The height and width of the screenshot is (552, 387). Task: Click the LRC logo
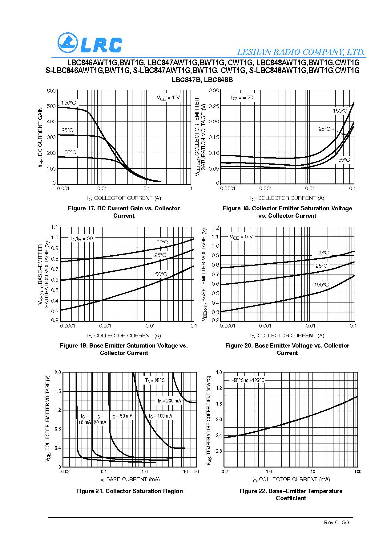click(90, 43)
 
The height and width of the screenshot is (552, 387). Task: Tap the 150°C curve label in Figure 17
click(68, 103)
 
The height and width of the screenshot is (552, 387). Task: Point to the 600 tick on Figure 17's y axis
click(51, 91)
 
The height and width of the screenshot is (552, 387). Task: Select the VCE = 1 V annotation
click(168, 98)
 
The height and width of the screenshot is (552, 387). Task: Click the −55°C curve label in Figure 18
click(343, 160)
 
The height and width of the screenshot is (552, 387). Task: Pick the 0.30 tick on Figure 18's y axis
click(214, 90)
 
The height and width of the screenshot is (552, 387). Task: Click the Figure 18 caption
click(287, 212)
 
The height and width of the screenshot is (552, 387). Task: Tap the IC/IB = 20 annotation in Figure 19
click(82, 238)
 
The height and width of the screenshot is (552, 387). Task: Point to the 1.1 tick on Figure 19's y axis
click(54, 227)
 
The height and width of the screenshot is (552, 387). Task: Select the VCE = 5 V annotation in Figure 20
click(241, 237)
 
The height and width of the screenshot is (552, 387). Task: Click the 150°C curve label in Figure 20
click(321, 285)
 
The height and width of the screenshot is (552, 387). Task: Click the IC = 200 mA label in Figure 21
click(169, 401)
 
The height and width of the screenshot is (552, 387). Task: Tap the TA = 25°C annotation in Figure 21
click(155, 381)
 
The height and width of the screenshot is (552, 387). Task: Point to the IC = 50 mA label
click(122, 416)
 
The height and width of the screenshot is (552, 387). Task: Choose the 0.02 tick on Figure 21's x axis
click(65, 472)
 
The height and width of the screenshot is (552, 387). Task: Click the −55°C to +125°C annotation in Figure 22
click(248, 380)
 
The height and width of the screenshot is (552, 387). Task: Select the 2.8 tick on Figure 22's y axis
click(218, 451)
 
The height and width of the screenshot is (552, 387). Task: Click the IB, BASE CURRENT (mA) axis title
click(129, 479)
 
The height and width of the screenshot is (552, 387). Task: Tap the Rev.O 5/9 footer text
click(337, 522)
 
